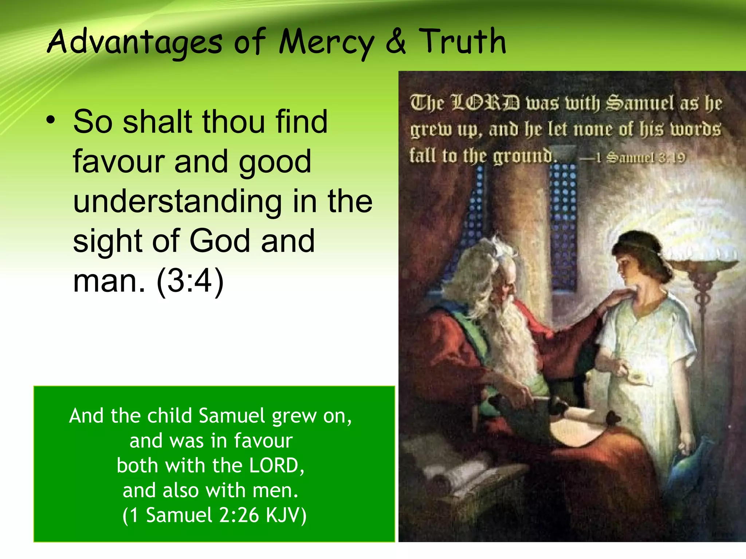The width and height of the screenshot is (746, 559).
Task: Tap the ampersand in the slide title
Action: [x=396, y=42]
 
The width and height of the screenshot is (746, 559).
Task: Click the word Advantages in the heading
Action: [x=134, y=43]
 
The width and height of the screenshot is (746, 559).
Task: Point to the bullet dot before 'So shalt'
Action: [x=51, y=120]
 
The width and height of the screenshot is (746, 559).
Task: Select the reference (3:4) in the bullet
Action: [x=189, y=281]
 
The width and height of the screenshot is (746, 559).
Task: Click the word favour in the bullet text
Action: [x=118, y=162]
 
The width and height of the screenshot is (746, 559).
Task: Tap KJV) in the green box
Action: [x=286, y=515]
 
